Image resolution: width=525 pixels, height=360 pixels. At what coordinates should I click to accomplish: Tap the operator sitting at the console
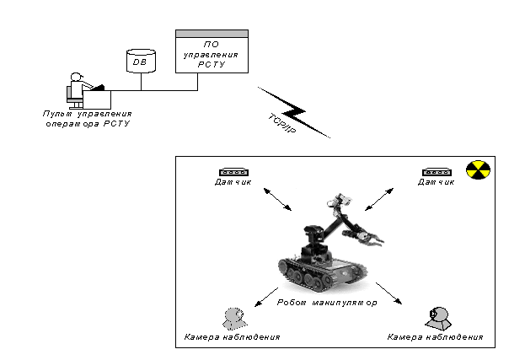point(78,89)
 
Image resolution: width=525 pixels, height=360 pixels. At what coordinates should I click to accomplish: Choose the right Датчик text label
point(437,183)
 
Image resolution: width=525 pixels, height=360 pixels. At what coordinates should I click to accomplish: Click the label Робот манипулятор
point(326,301)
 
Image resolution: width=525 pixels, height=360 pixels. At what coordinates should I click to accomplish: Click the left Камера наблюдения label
point(232,337)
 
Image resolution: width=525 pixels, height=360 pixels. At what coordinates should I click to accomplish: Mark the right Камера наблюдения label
point(435,337)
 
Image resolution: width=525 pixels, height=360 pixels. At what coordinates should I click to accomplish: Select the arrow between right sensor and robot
point(378,200)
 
